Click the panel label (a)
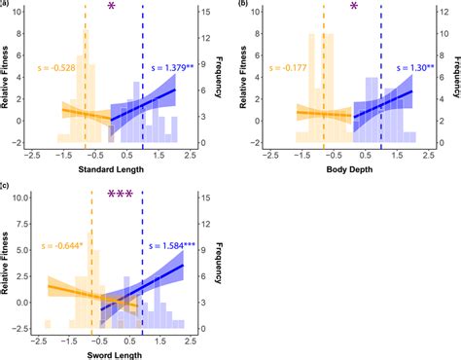click(x=7, y=5)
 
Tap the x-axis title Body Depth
click(x=348, y=172)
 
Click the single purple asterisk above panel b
click(x=355, y=8)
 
